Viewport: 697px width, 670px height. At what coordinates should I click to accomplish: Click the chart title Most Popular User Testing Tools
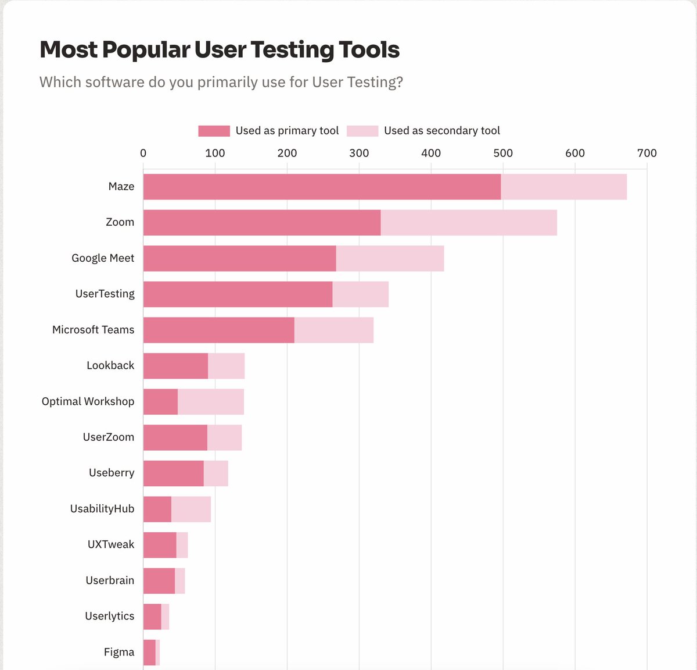point(219,50)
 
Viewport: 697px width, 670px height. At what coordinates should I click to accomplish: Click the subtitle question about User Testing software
point(221,82)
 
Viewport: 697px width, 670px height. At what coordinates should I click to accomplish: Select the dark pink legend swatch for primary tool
point(214,131)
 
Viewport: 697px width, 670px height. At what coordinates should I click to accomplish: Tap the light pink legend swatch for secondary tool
point(362,131)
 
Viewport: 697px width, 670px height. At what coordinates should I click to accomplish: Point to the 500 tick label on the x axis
point(503,153)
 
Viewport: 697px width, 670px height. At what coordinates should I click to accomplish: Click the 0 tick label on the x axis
point(143,153)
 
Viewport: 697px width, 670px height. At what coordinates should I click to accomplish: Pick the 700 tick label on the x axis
point(646,153)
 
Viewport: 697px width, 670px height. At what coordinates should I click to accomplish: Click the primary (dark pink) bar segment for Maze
point(322,187)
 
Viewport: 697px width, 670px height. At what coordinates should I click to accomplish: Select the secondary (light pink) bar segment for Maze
point(563,187)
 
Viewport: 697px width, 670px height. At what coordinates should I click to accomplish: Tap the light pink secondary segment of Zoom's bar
point(469,223)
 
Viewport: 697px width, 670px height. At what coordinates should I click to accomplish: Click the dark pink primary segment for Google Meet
point(239,258)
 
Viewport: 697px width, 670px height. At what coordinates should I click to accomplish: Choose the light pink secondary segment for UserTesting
point(360,294)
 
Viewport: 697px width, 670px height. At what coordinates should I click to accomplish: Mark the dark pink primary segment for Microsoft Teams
point(218,330)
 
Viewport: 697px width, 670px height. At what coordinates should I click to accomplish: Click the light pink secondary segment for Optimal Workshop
point(210,402)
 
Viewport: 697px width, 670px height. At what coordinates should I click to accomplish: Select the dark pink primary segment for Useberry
point(173,473)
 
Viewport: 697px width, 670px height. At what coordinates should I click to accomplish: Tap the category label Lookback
point(110,366)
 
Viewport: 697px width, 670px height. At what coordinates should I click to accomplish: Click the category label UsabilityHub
point(102,509)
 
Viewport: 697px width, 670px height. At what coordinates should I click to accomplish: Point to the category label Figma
point(119,652)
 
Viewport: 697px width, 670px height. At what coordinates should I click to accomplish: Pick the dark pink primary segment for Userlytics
point(152,616)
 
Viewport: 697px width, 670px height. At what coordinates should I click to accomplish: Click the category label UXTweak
point(111,545)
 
